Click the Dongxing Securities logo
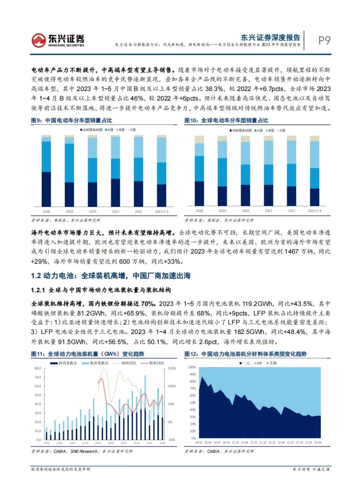(x=57, y=40)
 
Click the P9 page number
(x=324, y=40)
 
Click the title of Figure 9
(x=72, y=120)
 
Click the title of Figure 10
(x=226, y=120)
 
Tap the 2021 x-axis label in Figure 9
(x=115, y=212)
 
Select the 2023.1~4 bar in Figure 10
(x=315, y=171)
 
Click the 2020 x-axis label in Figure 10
(x=245, y=211)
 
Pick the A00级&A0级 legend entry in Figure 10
(x=241, y=131)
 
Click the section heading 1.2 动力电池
(x=111, y=276)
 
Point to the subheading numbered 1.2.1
(x=101, y=290)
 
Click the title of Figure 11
(x=88, y=354)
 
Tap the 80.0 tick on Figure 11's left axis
(x=38, y=369)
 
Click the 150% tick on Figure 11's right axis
(x=172, y=369)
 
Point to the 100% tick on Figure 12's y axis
(x=192, y=367)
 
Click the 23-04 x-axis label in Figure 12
(x=318, y=443)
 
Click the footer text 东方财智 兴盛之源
(x=311, y=469)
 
